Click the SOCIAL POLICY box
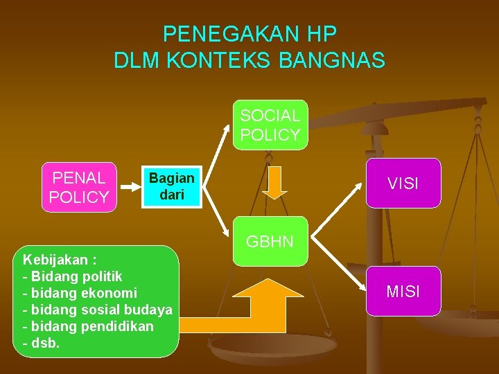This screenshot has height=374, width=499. [270, 125]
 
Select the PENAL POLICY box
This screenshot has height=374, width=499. [79, 187]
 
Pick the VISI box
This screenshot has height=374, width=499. [403, 184]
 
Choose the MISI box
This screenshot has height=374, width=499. [403, 292]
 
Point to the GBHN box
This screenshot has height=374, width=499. [270, 242]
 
